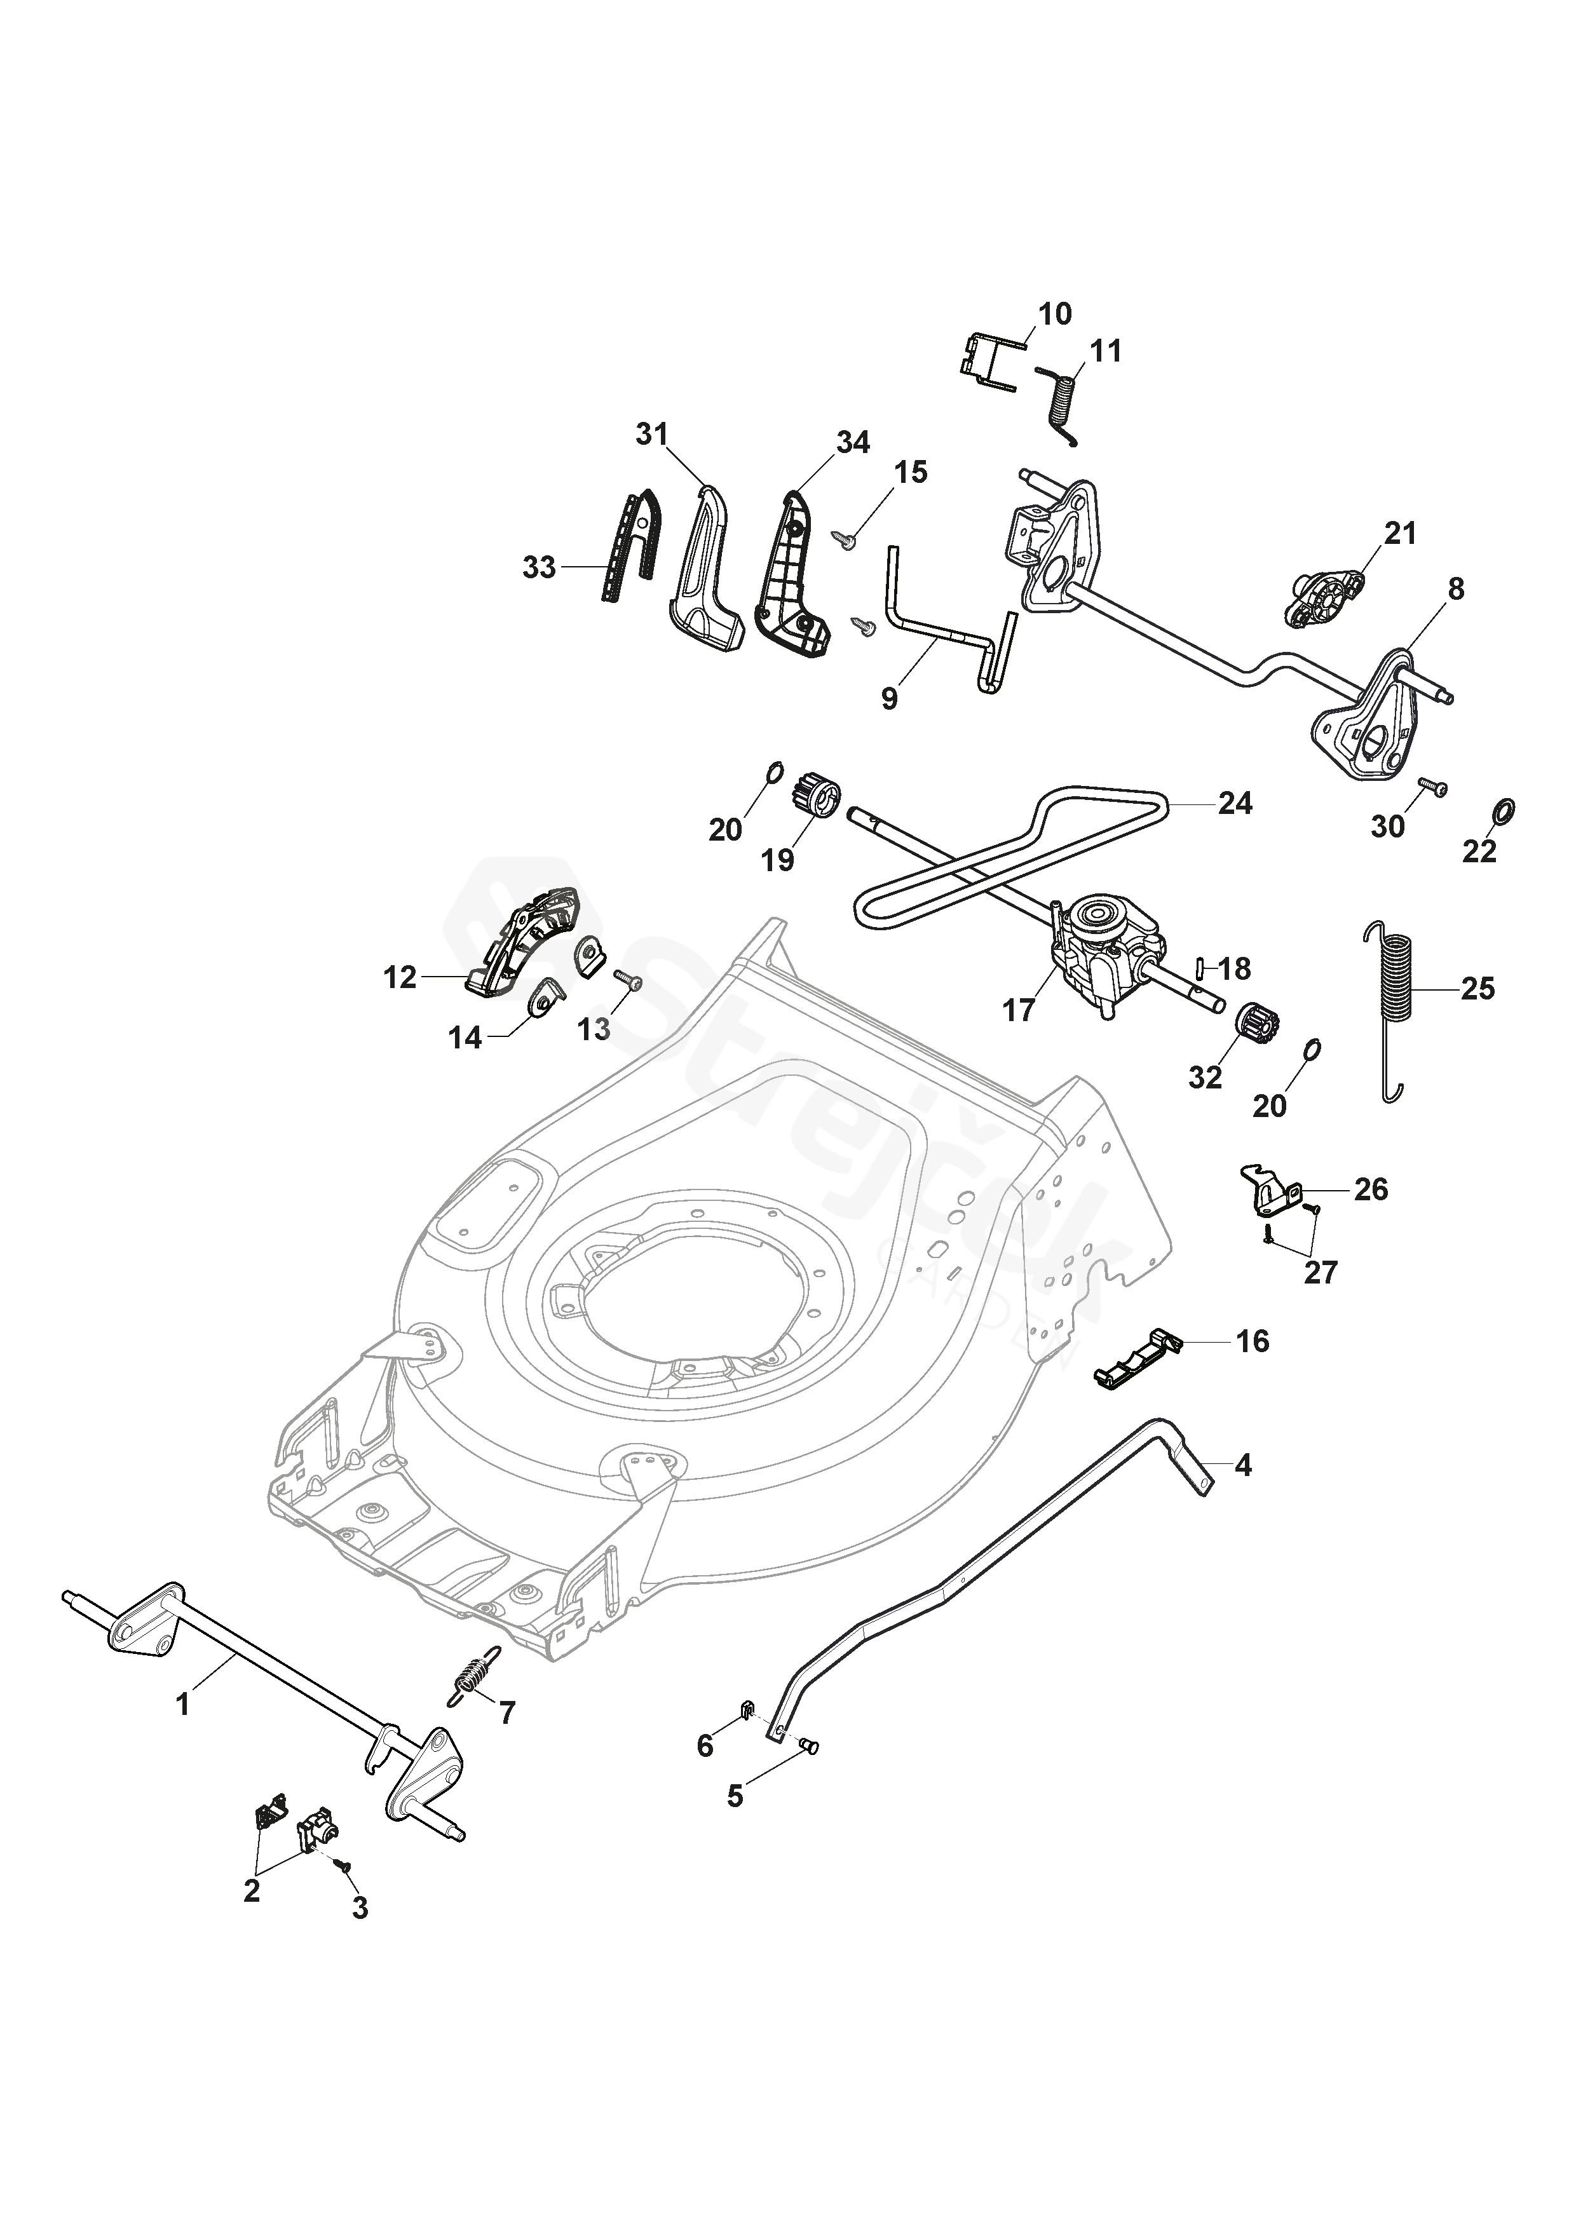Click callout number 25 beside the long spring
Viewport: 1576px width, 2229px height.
[1478, 989]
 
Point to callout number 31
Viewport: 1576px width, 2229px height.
[653, 434]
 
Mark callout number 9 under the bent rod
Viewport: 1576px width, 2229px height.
[890, 699]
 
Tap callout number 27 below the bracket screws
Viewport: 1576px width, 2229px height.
[1321, 1272]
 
